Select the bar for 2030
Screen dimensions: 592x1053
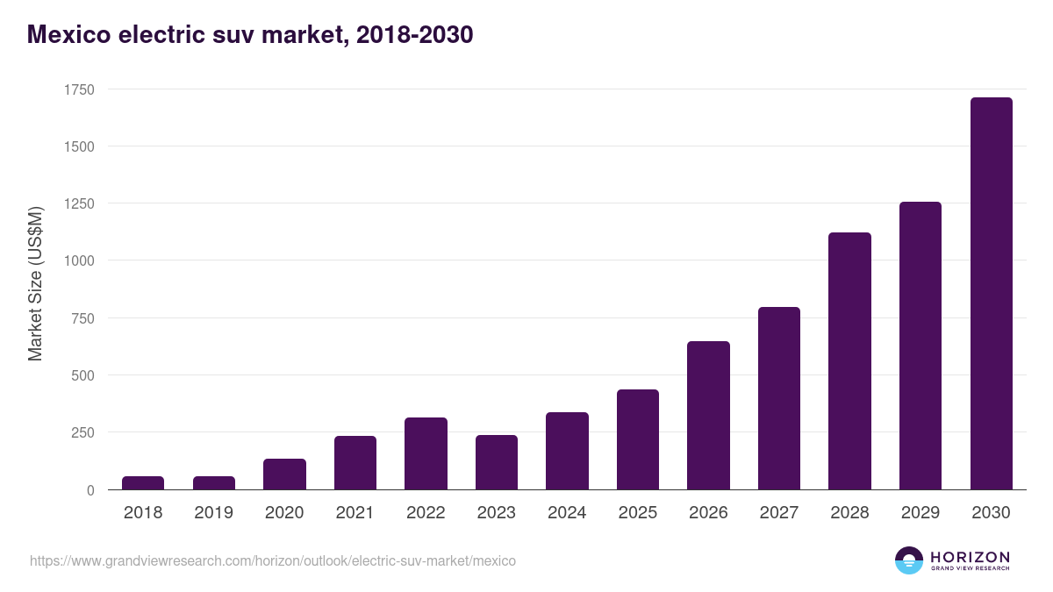(991, 294)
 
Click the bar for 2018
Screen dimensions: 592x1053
(143, 483)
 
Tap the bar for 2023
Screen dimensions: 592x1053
(497, 462)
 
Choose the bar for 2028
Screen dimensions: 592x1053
(849, 361)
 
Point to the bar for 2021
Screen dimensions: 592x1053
(355, 463)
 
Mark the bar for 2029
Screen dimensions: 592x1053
(920, 346)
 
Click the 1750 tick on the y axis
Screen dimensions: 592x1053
(79, 89)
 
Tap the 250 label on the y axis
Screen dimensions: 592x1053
(82, 432)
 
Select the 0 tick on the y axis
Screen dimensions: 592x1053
(90, 490)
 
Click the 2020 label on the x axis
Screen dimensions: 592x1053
(284, 513)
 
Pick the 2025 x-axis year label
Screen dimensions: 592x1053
(638, 513)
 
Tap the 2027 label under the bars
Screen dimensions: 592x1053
(779, 513)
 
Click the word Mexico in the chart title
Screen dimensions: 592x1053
(68, 34)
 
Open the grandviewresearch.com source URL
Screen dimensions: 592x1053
(273, 560)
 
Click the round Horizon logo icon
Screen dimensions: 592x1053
(908, 560)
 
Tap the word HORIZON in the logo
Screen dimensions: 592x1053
(970, 556)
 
